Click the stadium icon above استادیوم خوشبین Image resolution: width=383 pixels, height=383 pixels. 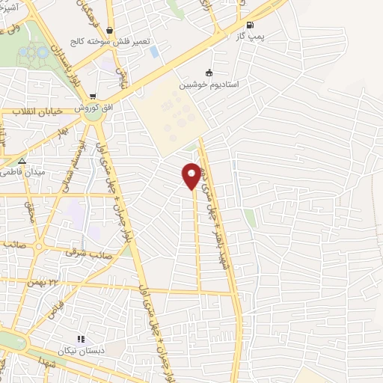point(208,73)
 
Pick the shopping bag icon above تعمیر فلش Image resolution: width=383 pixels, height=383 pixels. point(110,31)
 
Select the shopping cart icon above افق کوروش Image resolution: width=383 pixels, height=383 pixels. point(93,96)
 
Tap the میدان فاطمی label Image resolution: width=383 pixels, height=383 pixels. point(25,172)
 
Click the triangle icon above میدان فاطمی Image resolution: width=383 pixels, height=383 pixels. point(22,161)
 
